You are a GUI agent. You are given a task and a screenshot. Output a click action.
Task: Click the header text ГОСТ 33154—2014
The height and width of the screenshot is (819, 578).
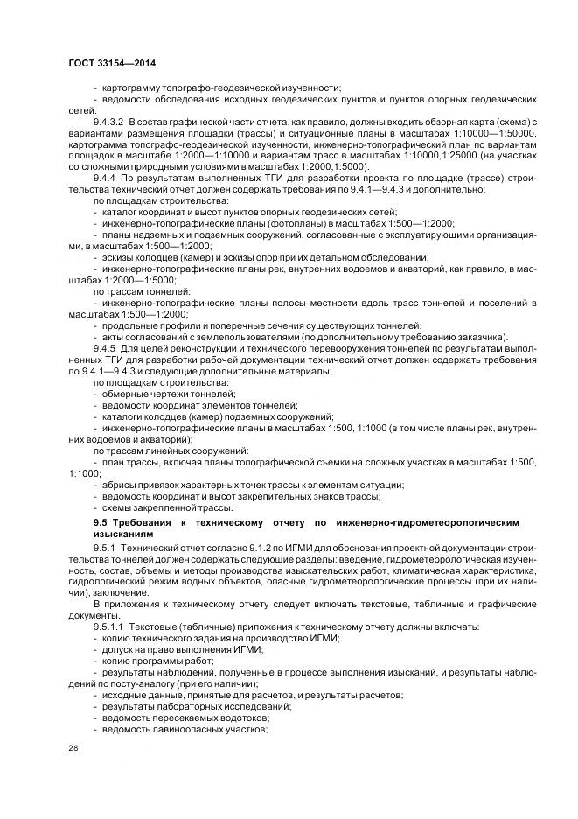tap(105, 64)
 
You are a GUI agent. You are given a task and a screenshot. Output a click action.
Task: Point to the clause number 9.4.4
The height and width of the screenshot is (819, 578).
tap(106, 178)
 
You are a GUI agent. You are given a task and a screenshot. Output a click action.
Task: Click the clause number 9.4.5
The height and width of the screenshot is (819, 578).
tap(106, 348)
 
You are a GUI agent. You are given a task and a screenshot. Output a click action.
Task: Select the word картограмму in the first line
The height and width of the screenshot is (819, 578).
tap(135, 87)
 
